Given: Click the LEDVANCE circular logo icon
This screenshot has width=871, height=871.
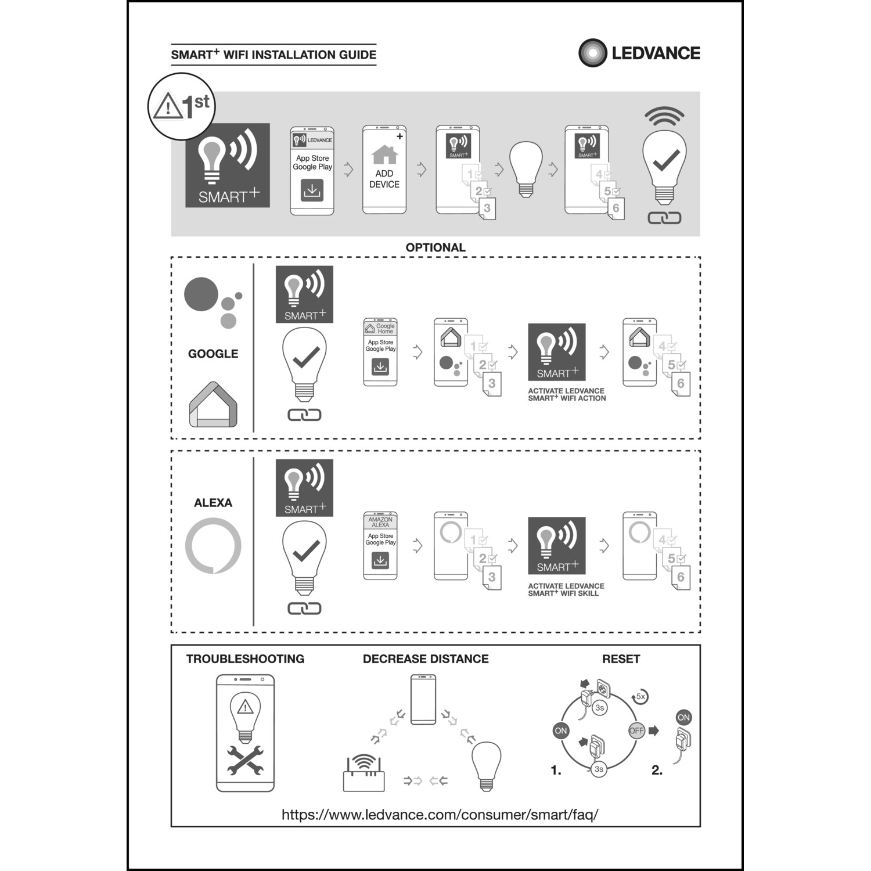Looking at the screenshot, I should coord(592,53).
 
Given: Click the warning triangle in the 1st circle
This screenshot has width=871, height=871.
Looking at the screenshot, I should coord(167,107).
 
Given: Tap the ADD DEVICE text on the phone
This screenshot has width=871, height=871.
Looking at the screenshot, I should coord(384,179).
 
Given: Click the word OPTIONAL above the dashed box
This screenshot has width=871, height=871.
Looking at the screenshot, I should coord(435,247).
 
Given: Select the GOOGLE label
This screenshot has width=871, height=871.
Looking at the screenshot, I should coord(213,354).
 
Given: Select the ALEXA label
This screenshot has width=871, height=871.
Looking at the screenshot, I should coord(213,503).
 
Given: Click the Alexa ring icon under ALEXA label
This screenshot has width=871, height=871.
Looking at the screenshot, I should coord(213,546).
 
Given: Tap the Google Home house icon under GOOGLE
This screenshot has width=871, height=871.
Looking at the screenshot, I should coord(213,405).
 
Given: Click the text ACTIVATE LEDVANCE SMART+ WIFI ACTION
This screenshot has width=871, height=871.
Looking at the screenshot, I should coord(567,395).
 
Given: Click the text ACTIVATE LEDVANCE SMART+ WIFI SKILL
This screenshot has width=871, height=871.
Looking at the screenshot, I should coord(566,589).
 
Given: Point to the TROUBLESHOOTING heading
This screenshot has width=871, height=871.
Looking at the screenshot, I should coord(245,659).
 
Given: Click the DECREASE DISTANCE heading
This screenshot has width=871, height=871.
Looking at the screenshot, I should coord(426,659).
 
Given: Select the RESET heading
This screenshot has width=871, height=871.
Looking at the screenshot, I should coord(621,659).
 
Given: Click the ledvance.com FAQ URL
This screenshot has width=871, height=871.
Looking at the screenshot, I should coord(440,815).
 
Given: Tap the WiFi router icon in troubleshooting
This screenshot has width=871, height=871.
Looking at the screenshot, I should coord(364,773).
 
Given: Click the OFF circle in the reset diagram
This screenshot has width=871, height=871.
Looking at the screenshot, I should coord(636,730).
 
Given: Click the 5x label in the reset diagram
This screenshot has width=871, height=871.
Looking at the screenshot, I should coord(640,696).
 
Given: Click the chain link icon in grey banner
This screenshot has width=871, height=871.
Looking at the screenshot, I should coord(664,218).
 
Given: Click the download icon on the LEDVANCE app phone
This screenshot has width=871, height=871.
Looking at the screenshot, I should coord(312,190).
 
